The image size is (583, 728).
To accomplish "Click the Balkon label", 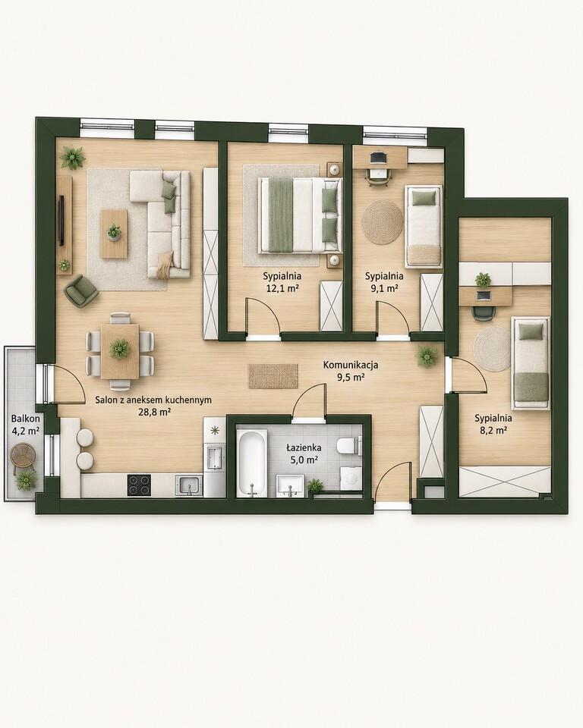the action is (26, 419).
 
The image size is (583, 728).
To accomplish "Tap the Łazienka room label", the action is (304, 448).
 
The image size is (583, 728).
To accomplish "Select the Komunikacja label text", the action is (351, 365).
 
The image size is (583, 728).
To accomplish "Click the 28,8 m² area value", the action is (153, 411).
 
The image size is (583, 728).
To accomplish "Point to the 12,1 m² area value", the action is (282, 288).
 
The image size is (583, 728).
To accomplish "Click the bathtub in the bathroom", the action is (251, 463).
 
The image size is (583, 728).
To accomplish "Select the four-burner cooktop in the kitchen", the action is (140, 485).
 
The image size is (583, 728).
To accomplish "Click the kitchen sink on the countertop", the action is (189, 485).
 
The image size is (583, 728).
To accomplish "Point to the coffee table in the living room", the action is (115, 233).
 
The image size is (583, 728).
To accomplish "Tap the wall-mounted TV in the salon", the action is (61, 220).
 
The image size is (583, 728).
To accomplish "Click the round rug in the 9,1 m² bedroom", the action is (383, 221).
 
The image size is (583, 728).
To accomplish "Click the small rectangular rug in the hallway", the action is (273, 376).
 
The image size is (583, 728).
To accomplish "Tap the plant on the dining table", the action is (120, 348).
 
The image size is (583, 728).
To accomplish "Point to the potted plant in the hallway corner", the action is (427, 356).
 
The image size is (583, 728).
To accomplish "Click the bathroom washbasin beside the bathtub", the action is (290, 485).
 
